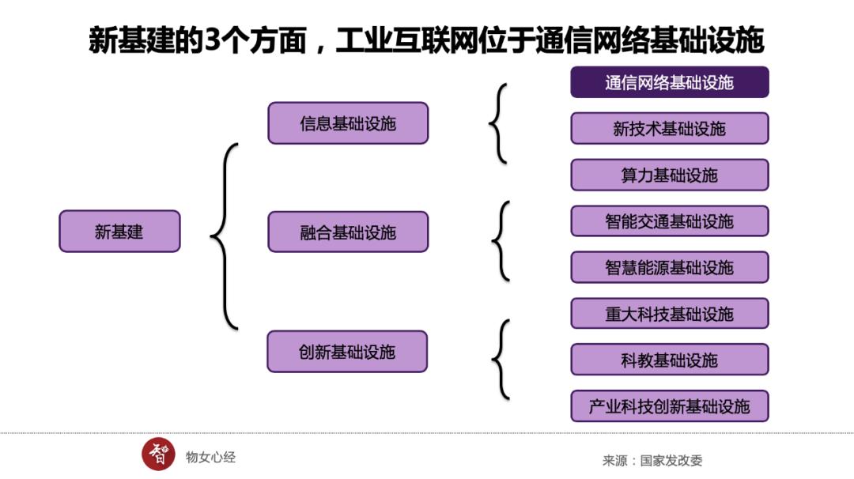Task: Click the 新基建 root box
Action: [119, 232]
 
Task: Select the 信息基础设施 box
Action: [348, 123]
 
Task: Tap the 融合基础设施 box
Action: [348, 232]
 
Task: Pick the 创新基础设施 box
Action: [347, 352]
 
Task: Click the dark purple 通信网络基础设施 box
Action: [670, 82]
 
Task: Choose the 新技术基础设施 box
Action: [670, 128]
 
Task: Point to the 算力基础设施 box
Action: [670, 175]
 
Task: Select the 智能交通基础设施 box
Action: [670, 221]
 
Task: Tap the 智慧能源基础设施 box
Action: [670, 267]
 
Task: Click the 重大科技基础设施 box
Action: [670, 314]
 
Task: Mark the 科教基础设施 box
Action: [670, 360]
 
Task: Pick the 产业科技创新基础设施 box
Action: [670, 406]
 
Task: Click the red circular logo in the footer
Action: [158, 454]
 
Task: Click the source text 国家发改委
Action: [671, 460]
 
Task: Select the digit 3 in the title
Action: [210, 40]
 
